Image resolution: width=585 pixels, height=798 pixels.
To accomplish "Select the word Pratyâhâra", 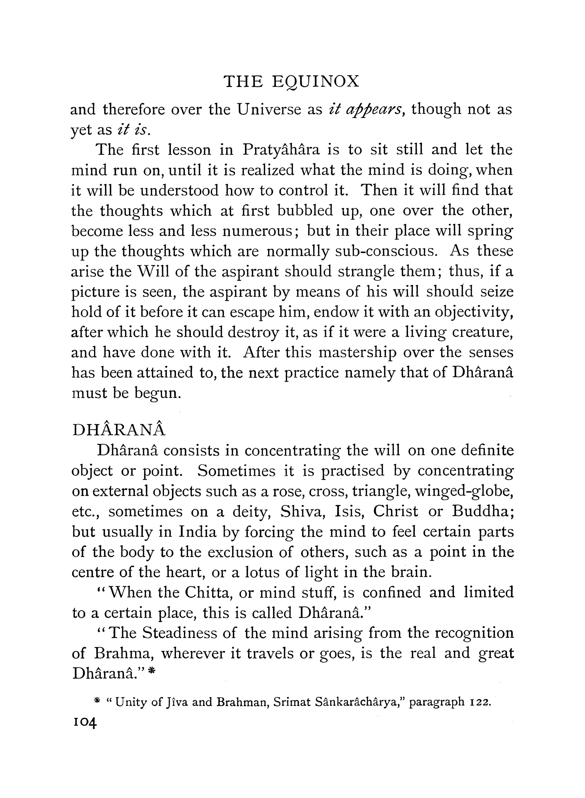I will pos(281,150).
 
